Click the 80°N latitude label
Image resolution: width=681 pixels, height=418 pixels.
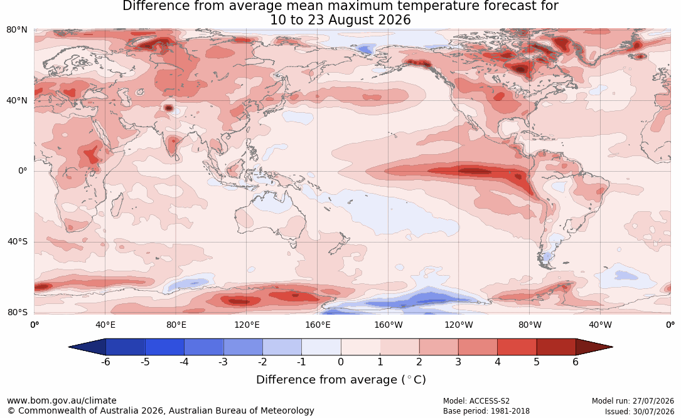pos(16,30)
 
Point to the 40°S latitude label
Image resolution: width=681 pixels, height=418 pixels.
pos(17,241)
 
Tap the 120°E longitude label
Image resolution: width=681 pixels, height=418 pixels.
pos(247,325)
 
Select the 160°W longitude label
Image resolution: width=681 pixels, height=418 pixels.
pos(389,325)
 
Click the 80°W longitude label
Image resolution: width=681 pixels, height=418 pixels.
pos(530,325)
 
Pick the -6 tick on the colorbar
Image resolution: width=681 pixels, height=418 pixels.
pos(105,362)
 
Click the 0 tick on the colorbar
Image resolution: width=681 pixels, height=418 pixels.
pos(341,362)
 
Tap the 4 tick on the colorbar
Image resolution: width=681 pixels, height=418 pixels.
pos(497,362)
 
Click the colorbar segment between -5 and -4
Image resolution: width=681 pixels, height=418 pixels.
pos(164,347)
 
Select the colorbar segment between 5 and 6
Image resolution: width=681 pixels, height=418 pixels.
pos(556,347)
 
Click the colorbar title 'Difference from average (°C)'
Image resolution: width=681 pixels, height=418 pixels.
pos(341,380)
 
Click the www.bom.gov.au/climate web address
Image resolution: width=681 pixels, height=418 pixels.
pos(62,400)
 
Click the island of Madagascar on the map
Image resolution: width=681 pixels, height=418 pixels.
pos(116,204)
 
